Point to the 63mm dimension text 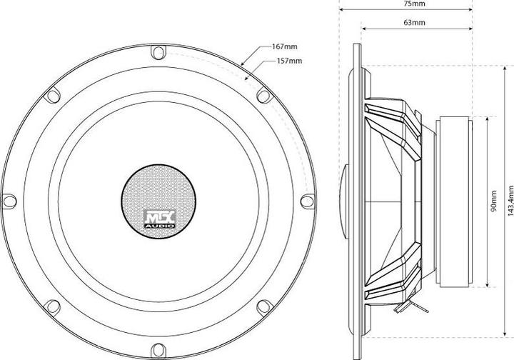(415, 23)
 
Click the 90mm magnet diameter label (494, 201)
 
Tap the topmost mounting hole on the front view (158, 51)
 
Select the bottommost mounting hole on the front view (158, 351)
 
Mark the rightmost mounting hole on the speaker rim (308, 201)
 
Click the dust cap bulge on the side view (344, 201)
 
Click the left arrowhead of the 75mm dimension (341, 10)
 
